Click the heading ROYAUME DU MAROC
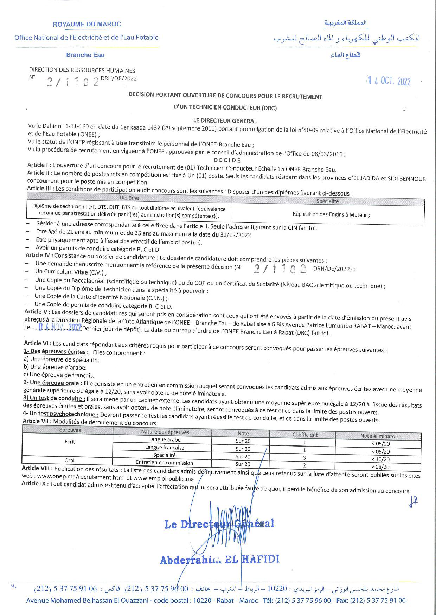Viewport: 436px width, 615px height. [x=86, y=24]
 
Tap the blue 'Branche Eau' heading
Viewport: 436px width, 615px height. [x=85, y=55]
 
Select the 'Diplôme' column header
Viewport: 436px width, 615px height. [x=129, y=198]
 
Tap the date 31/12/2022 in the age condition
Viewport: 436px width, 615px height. [x=238, y=234]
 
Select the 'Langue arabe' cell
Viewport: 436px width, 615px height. [x=165, y=439]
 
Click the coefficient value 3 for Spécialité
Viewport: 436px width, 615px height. [x=304, y=458]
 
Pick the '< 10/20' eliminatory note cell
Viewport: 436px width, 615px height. [x=380, y=459]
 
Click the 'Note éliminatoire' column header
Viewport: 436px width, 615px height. [x=380, y=436]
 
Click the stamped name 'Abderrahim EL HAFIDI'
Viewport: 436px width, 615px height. [x=219, y=559]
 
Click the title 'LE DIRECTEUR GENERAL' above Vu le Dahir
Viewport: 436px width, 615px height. [x=225, y=121]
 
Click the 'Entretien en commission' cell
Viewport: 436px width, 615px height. [x=164, y=463]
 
